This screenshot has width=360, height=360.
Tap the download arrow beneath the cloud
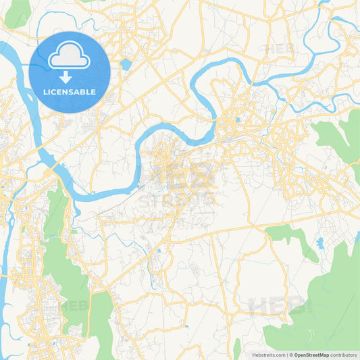click(x=69, y=78)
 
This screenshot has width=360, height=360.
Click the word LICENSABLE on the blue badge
click(x=69, y=92)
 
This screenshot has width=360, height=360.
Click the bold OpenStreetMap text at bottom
click(x=318, y=354)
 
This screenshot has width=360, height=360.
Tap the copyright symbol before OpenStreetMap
click(x=291, y=354)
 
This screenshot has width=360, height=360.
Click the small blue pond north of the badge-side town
click(x=126, y=65)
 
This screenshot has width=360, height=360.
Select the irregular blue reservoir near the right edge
click(x=319, y=242)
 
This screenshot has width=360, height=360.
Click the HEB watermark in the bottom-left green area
click(x=74, y=305)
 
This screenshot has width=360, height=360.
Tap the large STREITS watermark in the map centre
click(x=177, y=186)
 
